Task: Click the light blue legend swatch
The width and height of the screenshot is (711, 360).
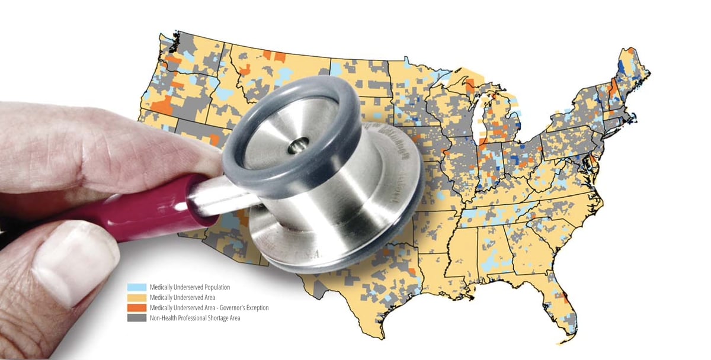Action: tap(137, 287)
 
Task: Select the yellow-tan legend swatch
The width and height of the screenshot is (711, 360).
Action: tap(137, 297)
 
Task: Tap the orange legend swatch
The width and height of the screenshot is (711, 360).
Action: tap(137, 308)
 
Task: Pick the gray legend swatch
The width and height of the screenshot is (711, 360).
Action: tap(137, 318)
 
